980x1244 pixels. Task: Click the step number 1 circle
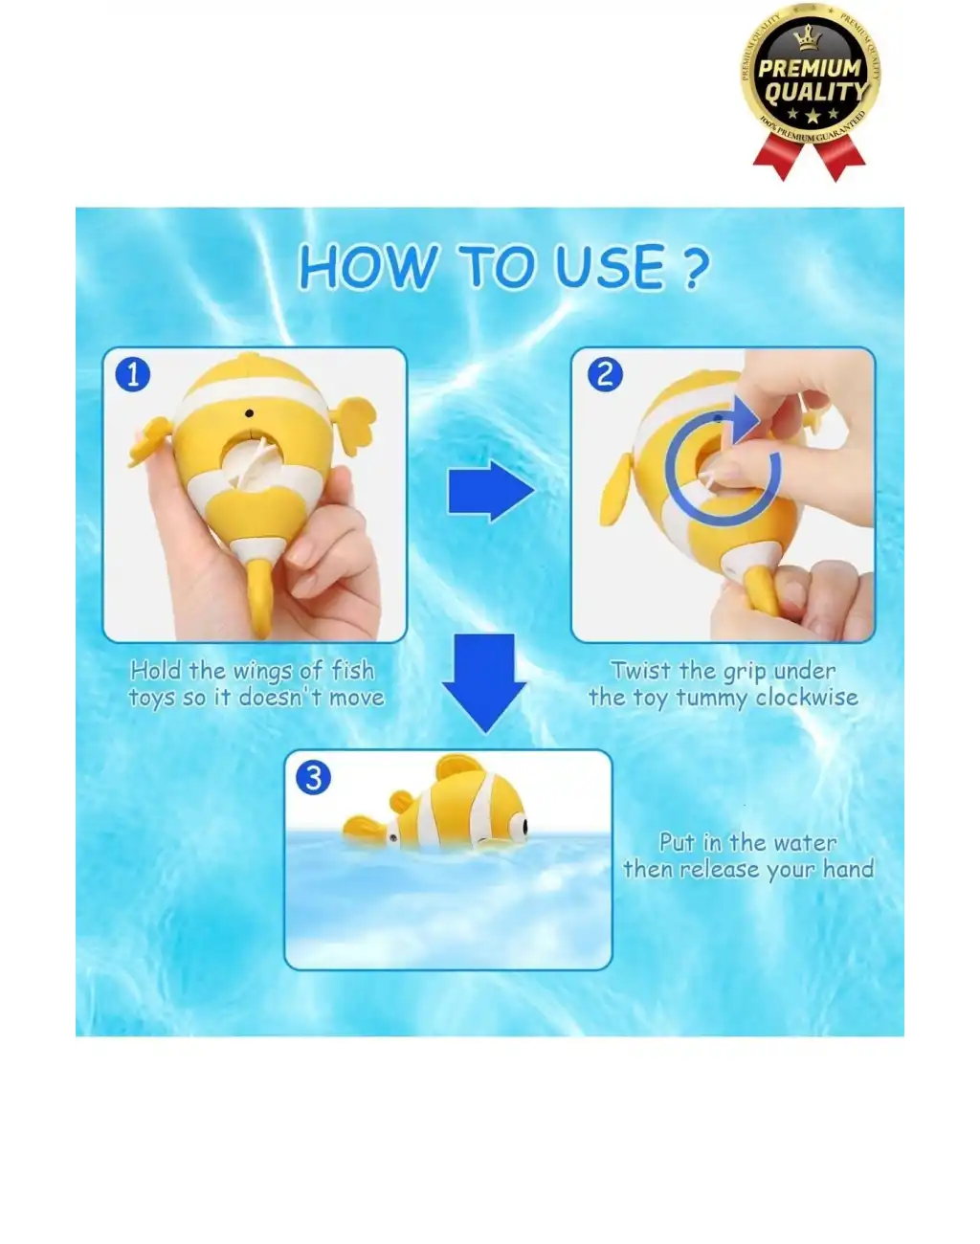coord(133,374)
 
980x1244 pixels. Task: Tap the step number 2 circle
coord(604,374)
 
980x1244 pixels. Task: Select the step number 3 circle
coord(314,777)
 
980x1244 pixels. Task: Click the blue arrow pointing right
coord(490,491)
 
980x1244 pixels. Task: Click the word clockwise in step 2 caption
coord(806,698)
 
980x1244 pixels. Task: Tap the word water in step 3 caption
coord(804,842)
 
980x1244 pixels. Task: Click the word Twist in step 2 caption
coord(640,671)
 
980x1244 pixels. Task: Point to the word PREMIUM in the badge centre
coord(810,68)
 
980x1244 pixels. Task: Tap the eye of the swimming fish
coord(517,821)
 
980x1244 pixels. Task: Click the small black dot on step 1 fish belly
coord(250,413)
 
